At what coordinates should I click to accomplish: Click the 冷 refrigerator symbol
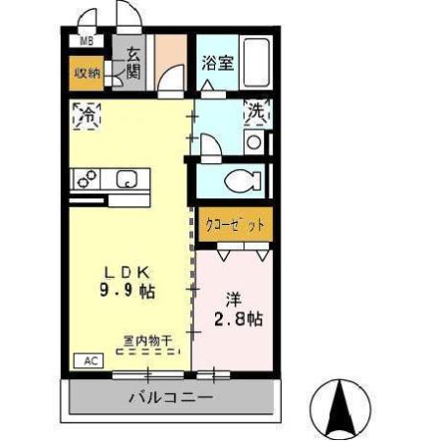[85, 113]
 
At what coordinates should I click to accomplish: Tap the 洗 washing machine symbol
[255, 112]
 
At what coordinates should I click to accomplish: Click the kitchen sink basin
[128, 179]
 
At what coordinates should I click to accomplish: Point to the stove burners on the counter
[86, 179]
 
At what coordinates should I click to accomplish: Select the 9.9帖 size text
[129, 291]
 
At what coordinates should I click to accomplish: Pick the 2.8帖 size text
[240, 319]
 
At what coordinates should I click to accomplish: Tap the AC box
[89, 360]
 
